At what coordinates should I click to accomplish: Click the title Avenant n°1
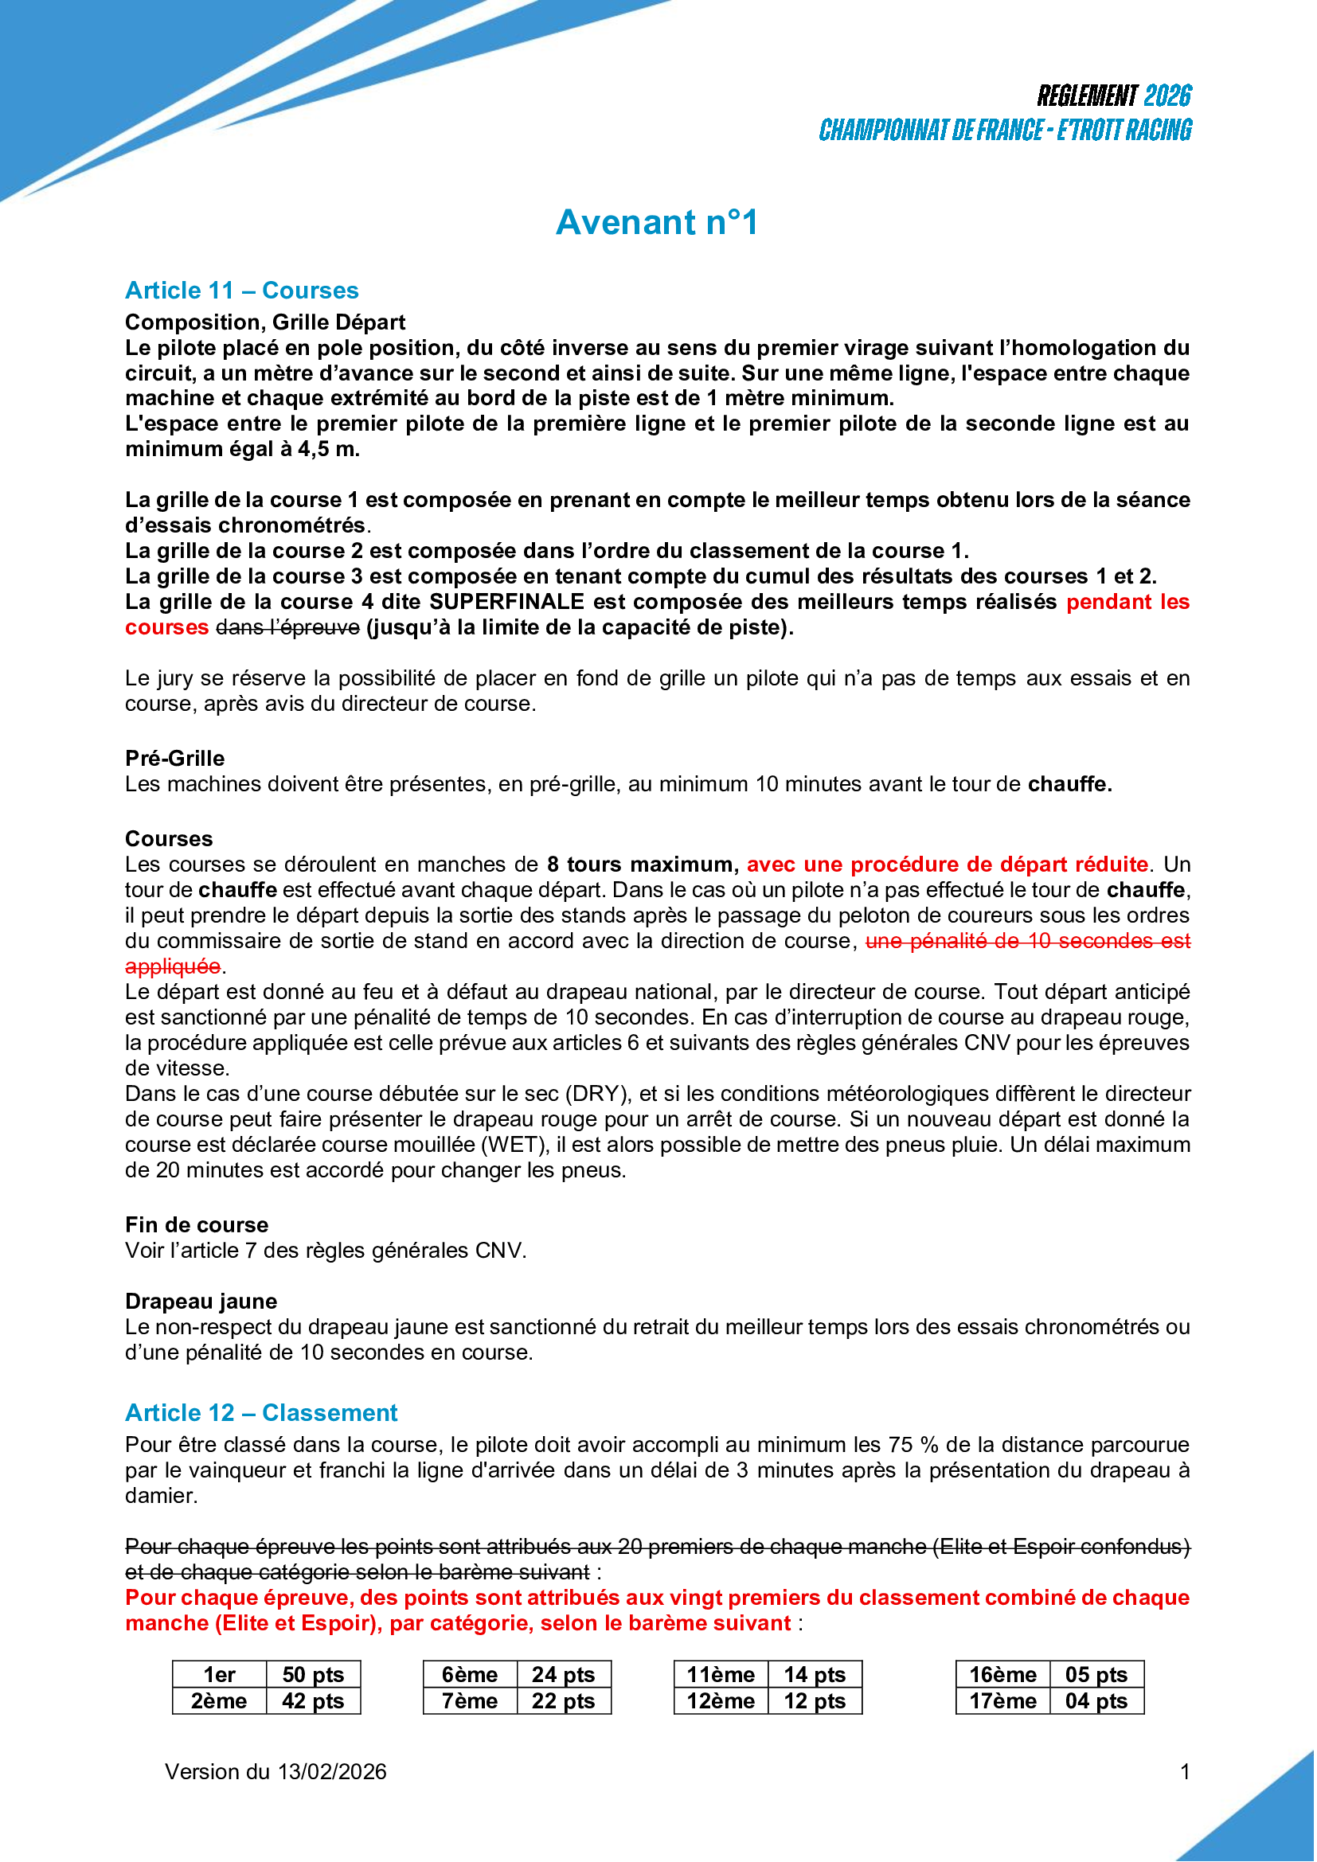(x=657, y=223)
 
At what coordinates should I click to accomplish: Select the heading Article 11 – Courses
(x=242, y=291)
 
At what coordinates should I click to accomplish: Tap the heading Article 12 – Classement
(x=261, y=1413)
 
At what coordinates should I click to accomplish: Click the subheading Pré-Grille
(x=175, y=759)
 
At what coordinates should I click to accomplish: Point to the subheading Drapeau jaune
(x=201, y=1302)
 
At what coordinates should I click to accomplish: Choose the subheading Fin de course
(x=196, y=1224)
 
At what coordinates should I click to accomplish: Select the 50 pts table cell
(x=313, y=1675)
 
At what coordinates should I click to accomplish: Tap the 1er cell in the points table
(x=219, y=1675)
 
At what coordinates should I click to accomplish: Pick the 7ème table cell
(x=470, y=1700)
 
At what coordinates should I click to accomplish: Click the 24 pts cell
(x=564, y=1675)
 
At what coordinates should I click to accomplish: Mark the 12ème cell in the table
(x=721, y=1700)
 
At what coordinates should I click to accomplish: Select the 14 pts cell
(x=815, y=1675)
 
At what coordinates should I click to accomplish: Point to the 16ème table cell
(x=1003, y=1675)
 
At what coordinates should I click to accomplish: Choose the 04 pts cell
(x=1097, y=1700)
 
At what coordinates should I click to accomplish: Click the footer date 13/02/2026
(x=332, y=1772)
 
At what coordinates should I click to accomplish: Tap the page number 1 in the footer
(x=1185, y=1772)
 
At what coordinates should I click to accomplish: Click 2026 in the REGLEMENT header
(x=1167, y=96)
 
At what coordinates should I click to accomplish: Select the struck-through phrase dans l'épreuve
(x=288, y=627)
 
